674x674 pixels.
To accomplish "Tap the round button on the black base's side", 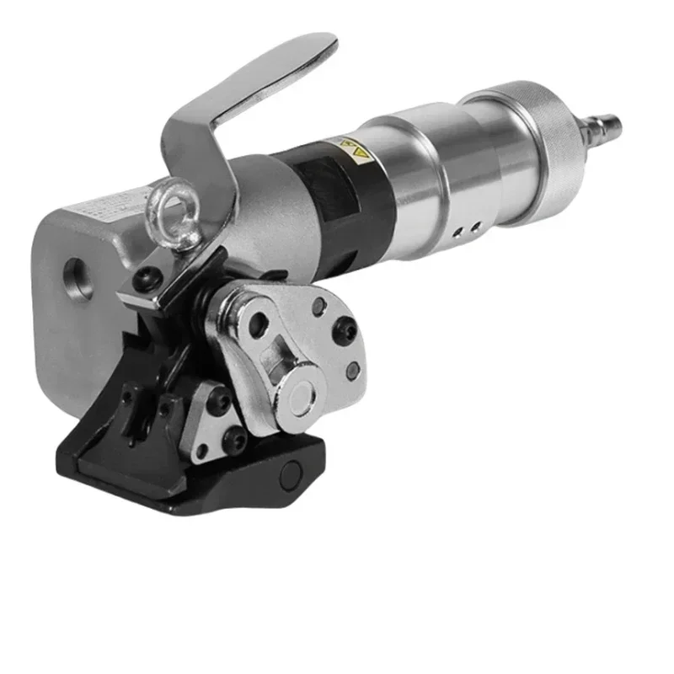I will pos(292,477).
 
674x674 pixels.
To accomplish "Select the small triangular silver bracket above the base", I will pos(206,420).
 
